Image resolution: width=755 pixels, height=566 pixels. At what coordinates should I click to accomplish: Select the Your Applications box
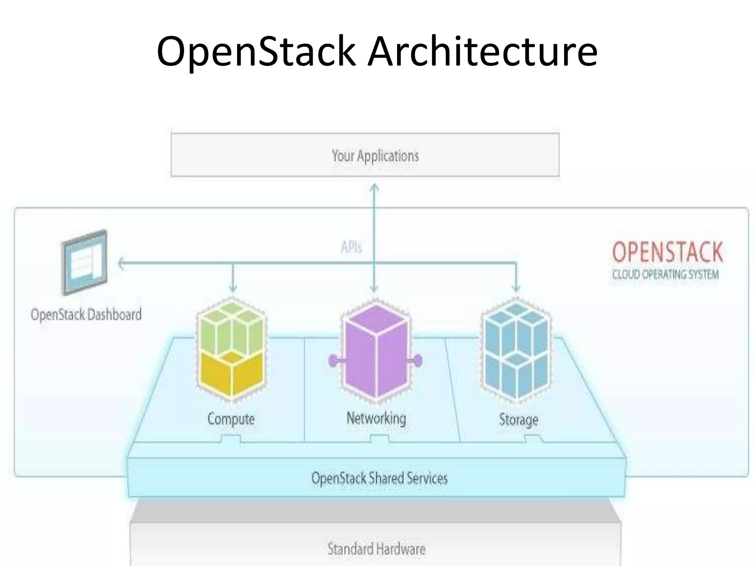[x=365, y=155]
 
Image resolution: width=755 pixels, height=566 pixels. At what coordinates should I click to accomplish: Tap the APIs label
[x=351, y=247]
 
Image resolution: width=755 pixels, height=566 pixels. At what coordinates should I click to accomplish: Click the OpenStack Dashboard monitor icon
[x=85, y=262]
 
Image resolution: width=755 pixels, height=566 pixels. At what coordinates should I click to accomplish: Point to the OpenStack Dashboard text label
[x=86, y=315]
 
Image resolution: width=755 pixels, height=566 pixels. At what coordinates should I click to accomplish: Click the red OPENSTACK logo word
[x=667, y=252]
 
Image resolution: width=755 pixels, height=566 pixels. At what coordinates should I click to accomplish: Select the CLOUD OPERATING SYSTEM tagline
[x=665, y=275]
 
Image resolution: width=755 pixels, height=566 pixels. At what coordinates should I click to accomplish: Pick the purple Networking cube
[x=375, y=350]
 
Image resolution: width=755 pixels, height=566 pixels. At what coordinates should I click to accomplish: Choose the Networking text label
[x=376, y=419]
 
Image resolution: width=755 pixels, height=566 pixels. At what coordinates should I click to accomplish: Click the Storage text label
[x=519, y=420]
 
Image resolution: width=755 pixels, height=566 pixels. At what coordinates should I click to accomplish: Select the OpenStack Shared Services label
[x=379, y=478]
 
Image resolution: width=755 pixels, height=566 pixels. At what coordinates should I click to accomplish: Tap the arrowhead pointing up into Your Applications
[x=374, y=188]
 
